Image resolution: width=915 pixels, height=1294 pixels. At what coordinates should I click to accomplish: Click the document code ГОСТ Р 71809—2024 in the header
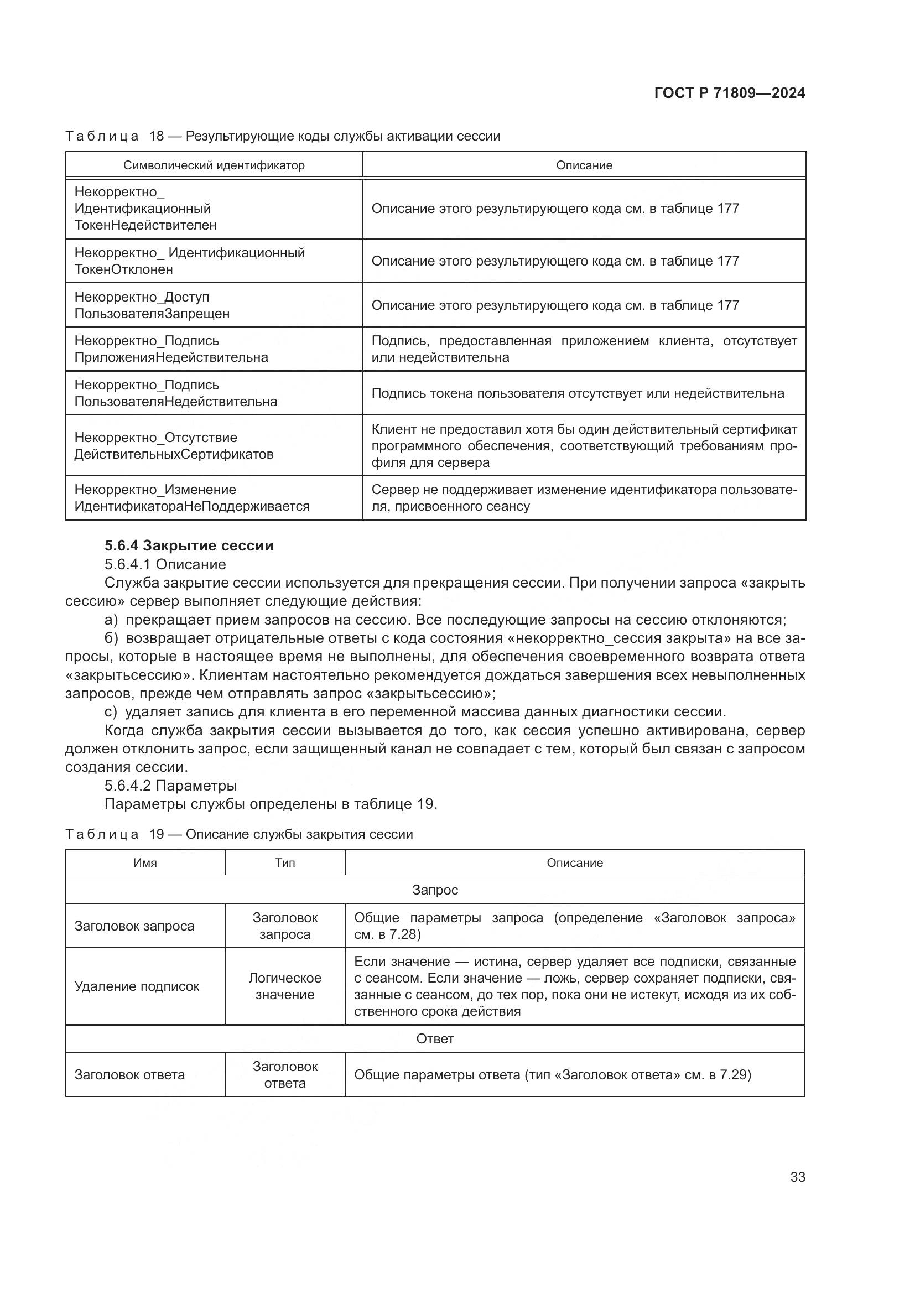pos(729,93)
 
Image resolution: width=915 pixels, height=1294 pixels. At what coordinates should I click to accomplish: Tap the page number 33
pos(797,1177)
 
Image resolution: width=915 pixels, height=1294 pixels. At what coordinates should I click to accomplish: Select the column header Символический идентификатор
pos(214,165)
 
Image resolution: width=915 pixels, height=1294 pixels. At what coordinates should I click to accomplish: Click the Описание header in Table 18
pos(584,165)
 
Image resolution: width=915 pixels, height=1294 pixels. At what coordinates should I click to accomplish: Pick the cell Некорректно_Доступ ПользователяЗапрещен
pos(152,305)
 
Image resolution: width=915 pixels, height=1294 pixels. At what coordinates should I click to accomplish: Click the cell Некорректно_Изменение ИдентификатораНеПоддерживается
pos(191,498)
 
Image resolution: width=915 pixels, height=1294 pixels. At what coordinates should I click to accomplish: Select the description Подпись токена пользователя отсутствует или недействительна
pos(578,393)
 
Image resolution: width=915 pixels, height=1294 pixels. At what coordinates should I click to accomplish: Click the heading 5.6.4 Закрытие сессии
pos(189,545)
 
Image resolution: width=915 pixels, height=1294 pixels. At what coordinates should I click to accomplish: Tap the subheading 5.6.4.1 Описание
pos(165,564)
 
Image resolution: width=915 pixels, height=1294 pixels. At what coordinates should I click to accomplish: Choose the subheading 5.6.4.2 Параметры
pos(171,785)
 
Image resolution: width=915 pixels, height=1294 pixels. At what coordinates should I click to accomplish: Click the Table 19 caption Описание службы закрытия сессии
pos(299,834)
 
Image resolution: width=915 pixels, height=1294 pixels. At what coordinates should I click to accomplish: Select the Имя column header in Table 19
pos(145,863)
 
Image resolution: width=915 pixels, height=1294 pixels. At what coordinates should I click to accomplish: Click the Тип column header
pos(284,863)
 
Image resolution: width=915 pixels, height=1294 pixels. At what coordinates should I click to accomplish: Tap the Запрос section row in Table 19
pos(435,890)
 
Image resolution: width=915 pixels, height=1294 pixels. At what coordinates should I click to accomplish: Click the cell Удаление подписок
pos(137,986)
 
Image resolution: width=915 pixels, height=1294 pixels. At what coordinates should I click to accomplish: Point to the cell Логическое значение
pos(284,986)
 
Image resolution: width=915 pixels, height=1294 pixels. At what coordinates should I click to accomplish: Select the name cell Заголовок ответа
pos(129,1074)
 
